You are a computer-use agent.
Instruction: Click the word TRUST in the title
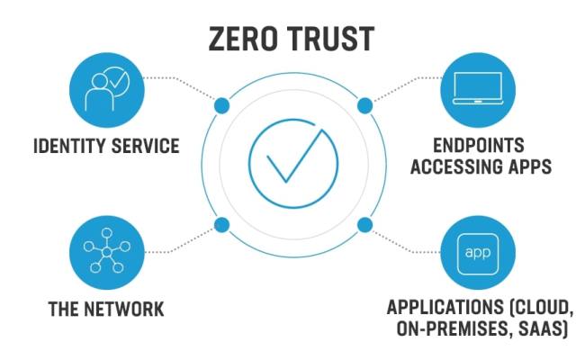pos(332,39)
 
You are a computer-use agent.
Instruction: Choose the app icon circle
pos(478,249)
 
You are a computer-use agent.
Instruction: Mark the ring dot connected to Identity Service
pos(221,106)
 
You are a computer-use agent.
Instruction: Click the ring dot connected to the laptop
pos(364,106)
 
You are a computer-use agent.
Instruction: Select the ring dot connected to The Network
pos(221,224)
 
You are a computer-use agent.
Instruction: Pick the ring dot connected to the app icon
pos(364,224)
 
